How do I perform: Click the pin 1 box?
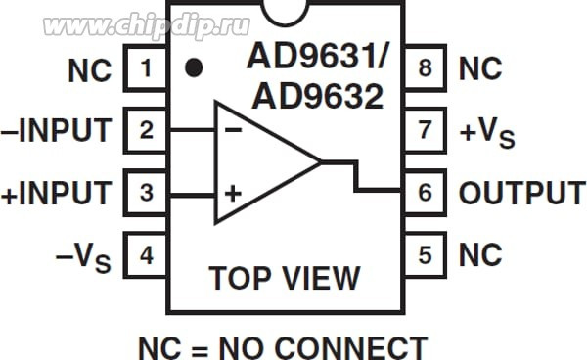point(146,69)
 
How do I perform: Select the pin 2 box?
point(146,130)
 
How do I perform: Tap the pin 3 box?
point(146,193)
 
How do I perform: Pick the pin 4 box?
point(146,255)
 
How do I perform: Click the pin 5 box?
point(424,255)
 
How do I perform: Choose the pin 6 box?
point(424,193)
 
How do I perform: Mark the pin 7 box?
point(424,130)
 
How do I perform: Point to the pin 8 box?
point(424,69)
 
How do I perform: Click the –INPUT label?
point(57,130)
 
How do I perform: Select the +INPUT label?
point(57,193)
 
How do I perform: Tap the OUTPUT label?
point(521,193)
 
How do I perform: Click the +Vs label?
point(485,132)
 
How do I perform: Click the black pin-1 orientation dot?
point(195,68)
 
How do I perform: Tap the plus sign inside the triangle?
point(232,193)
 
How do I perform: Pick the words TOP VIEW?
point(285,278)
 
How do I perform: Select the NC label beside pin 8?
point(480,69)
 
